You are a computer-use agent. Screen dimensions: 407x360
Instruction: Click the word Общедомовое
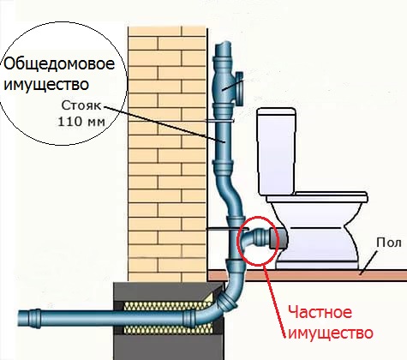(x=59, y=64)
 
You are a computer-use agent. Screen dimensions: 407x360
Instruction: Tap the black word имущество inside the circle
(x=46, y=84)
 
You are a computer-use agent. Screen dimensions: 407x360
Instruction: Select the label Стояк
(x=81, y=105)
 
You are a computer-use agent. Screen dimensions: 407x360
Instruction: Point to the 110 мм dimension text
(x=81, y=122)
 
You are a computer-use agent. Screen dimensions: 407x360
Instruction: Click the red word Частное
(x=320, y=312)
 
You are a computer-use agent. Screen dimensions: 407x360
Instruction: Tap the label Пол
(x=389, y=243)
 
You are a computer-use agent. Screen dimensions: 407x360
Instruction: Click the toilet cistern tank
(x=276, y=151)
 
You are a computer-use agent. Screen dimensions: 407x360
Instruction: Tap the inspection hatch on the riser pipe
(x=239, y=87)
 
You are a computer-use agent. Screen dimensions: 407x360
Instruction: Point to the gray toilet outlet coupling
(x=278, y=238)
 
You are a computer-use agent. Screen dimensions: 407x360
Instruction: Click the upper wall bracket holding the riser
(x=220, y=121)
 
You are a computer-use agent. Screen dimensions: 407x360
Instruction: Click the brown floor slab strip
(x=307, y=275)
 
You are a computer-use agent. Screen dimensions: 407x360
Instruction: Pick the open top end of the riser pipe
(x=223, y=44)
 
